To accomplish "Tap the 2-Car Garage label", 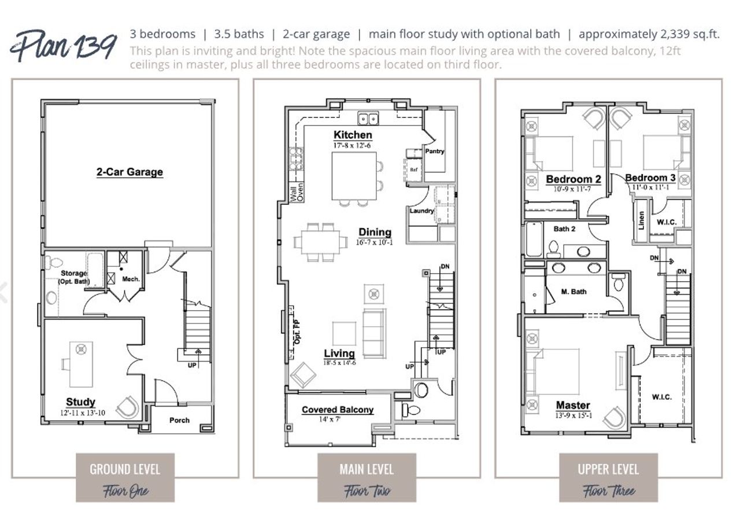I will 129,172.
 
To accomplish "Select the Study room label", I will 80,402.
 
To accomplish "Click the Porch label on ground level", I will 179,420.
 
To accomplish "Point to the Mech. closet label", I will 131,279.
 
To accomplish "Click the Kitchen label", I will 353,135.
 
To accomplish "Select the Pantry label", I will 435,152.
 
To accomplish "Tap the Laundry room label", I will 421,211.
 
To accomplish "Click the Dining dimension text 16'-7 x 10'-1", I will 375,242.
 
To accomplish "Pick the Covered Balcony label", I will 338,410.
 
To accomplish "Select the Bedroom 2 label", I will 573,179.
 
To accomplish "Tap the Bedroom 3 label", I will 650,178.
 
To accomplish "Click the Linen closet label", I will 641,220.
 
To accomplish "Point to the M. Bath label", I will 573,292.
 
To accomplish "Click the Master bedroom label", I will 573,405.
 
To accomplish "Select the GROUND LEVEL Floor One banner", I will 125,477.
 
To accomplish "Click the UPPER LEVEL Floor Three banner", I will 608,477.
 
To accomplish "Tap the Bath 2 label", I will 564,229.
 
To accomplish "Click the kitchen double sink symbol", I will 368,119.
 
